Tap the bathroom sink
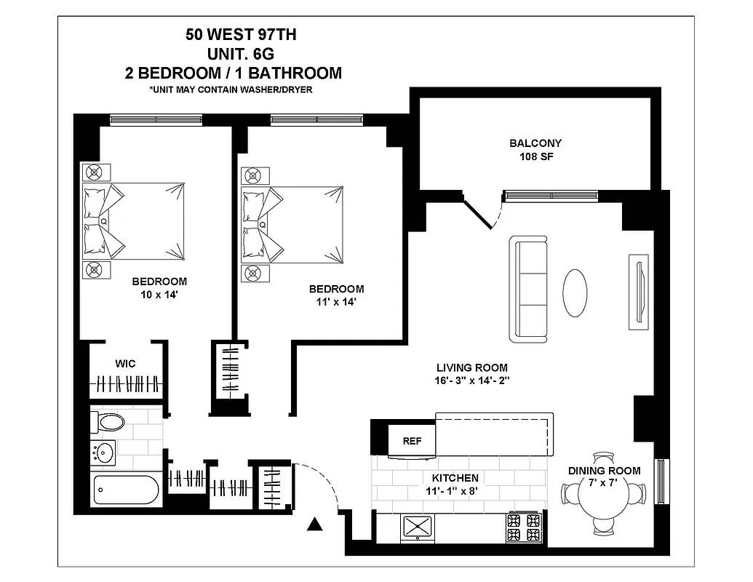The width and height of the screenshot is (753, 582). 104,453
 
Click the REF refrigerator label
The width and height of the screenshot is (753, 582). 413,441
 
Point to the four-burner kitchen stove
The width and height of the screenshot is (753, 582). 523,527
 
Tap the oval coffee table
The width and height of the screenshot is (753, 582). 575,292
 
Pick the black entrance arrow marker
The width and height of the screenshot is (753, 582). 314,524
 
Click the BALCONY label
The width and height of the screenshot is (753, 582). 535,143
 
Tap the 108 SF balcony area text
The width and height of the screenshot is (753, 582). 535,157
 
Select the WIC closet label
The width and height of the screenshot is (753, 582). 125,363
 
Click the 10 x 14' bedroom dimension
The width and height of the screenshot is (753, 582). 159,295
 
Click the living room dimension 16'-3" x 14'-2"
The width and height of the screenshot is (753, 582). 471,381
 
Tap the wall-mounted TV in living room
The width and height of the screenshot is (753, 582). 638,292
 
